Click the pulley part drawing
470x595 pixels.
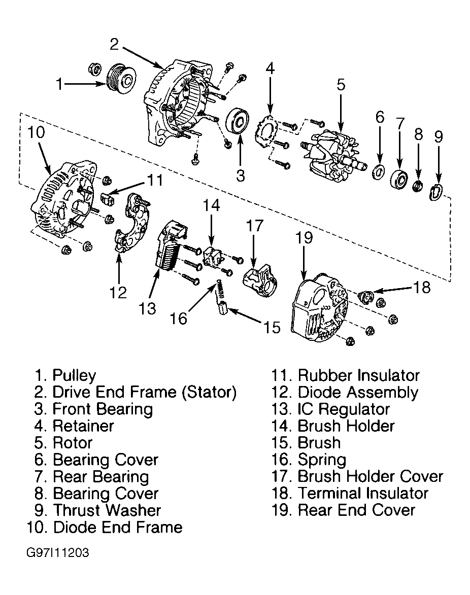click(x=120, y=81)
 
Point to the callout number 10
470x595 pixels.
click(x=37, y=133)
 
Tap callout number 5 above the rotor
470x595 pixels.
click(x=341, y=85)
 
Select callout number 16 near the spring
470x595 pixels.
click(x=179, y=318)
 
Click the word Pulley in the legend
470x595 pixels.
click(x=74, y=376)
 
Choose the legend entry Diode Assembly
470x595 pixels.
click(x=358, y=393)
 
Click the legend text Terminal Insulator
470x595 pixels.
click(x=363, y=493)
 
